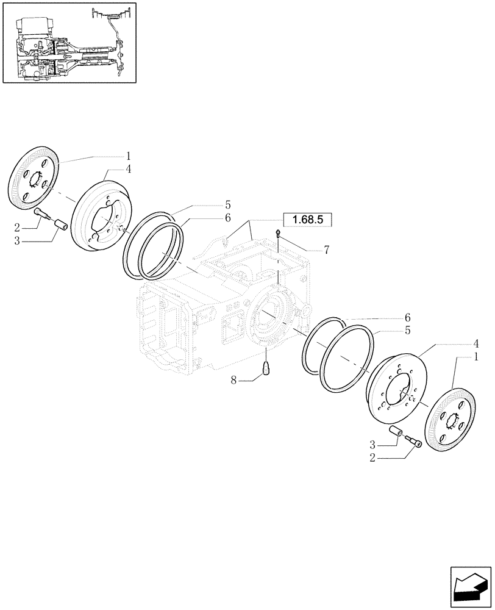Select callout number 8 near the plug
233,381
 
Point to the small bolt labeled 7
278,233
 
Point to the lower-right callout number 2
372,456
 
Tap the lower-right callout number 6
407,318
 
